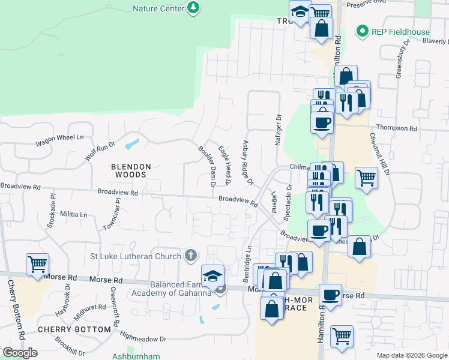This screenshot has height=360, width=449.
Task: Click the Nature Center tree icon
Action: click(x=193, y=8)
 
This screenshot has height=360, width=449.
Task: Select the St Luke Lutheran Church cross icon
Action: click(x=191, y=256)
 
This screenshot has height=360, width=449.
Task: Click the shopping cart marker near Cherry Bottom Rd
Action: click(x=37, y=264)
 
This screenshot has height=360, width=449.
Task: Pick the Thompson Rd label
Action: click(x=396, y=128)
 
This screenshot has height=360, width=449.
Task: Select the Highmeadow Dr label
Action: click(x=142, y=340)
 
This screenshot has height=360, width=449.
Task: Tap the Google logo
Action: click(x=20, y=353)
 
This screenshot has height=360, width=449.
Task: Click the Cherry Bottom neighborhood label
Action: click(x=74, y=329)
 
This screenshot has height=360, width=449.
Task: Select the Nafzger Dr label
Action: click(x=278, y=131)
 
